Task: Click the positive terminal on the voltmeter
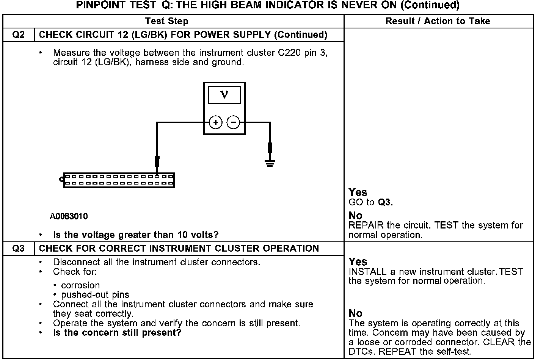pyautogui.click(x=216, y=122)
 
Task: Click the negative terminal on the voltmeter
pyautogui.click(x=233, y=122)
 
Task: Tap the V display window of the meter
pyautogui.click(x=224, y=95)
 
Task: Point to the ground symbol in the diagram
pyautogui.click(x=270, y=163)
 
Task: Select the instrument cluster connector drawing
pyautogui.click(x=119, y=180)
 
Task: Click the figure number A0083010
pyautogui.click(x=69, y=216)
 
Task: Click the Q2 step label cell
pyautogui.click(x=19, y=35)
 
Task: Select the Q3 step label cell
pyautogui.click(x=19, y=249)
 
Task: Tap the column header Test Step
pyautogui.click(x=166, y=21)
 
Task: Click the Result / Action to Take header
pyautogui.click(x=438, y=21)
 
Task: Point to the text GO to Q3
pyautogui.click(x=370, y=202)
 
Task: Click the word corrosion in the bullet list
pyautogui.click(x=80, y=285)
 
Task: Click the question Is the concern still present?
pyautogui.click(x=117, y=333)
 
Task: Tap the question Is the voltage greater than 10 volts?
pyautogui.click(x=136, y=235)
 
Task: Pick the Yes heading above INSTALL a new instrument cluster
pyautogui.click(x=358, y=262)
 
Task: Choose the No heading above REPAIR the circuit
pyautogui.click(x=355, y=216)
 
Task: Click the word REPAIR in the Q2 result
pyautogui.click(x=363, y=225)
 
